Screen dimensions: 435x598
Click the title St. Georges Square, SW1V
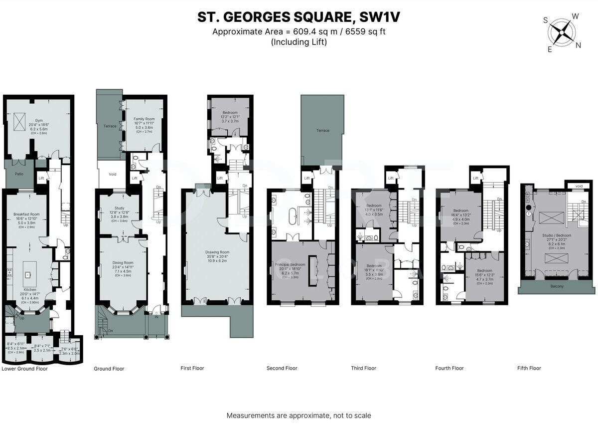(299, 17)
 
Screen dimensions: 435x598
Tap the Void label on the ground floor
(112, 174)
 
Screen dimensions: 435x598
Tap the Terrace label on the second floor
(322, 131)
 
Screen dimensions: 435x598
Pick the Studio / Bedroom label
(557, 235)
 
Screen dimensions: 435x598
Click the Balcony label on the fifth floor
(557, 286)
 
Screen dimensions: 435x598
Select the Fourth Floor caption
(449, 368)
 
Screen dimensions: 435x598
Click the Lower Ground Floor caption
(25, 369)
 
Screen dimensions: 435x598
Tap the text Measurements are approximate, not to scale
(299, 415)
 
